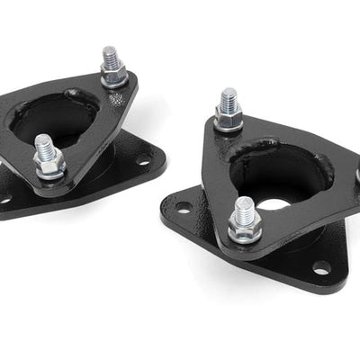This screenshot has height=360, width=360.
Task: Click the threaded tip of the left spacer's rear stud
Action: [x=111, y=55]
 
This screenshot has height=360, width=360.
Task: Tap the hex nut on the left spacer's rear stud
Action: [x=114, y=76]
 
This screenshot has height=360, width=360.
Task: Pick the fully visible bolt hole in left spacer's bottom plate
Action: [x=141, y=163]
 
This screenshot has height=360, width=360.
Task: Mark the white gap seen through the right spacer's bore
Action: [x=274, y=204]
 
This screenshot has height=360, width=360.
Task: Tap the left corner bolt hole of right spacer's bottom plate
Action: [x=184, y=210]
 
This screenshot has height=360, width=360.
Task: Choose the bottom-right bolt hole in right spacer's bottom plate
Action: [x=320, y=267]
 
